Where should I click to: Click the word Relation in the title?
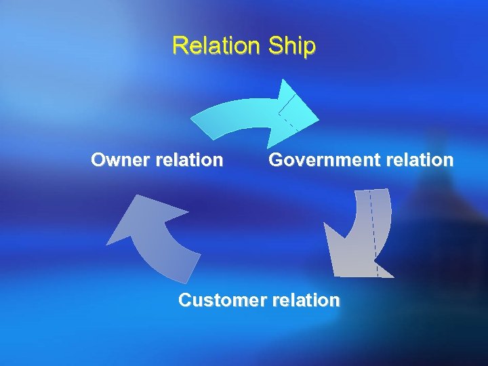click(216, 46)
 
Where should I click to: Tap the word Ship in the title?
click(292, 46)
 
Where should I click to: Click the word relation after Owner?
click(189, 161)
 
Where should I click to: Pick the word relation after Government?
click(420, 161)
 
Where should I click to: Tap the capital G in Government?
click(277, 161)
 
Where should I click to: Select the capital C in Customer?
click(185, 300)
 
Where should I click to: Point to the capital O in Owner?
click(99, 161)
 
